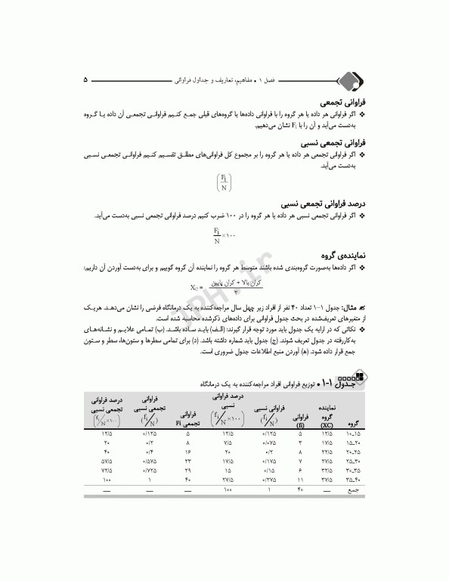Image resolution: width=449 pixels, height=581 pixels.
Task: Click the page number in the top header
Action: coord(85,79)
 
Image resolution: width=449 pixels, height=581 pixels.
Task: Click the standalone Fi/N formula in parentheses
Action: coord(224,182)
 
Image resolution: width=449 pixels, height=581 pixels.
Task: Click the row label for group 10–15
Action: coord(353,435)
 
